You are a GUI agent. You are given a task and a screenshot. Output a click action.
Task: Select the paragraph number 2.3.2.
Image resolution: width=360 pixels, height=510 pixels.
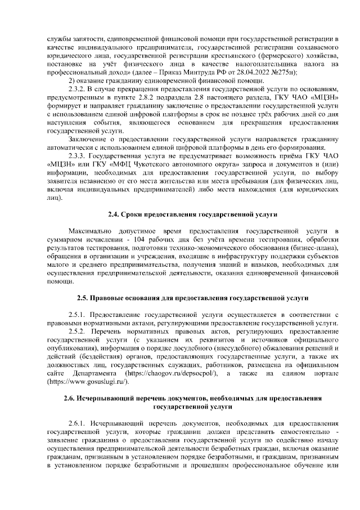click(x=77, y=90)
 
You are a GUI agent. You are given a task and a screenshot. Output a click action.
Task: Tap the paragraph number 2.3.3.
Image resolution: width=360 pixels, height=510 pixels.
click(x=77, y=155)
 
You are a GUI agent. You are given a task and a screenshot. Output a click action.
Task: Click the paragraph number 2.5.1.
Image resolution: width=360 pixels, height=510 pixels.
click(x=77, y=315)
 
